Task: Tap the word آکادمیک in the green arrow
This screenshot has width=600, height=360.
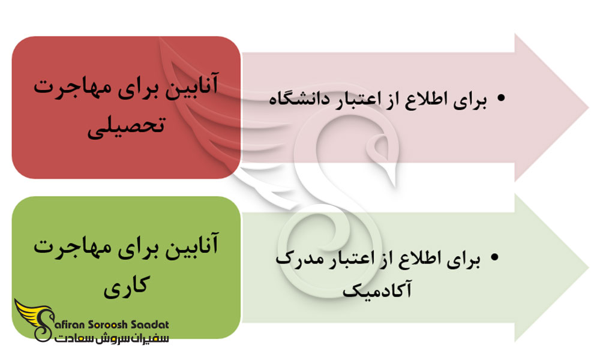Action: pos(377,290)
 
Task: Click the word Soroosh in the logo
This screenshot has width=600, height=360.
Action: pos(108,325)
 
